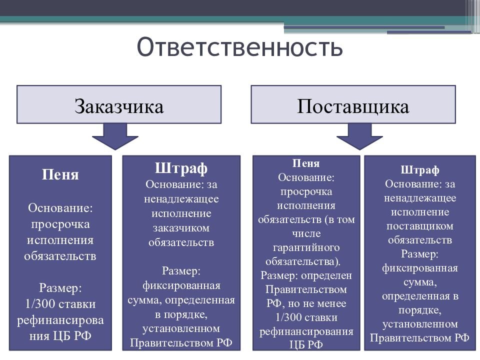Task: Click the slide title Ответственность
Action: [x=240, y=47]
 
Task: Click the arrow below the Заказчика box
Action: [x=115, y=136]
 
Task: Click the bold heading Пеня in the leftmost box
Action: [x=60, y=174]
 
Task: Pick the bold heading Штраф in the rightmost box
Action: [x=420, y=170]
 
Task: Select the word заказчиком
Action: [x=181, y=228]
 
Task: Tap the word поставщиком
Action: [x=420, y=226]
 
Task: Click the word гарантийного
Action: [x=306, y=247]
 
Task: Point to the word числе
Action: [x=306, y=233]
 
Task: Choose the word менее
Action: [x=331, y=303]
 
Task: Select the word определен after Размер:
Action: [x=327, y=275]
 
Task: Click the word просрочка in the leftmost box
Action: [x=60, y=223]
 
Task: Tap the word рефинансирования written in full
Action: [x=306, y=331]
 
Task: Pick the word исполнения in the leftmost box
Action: [x=60, y=240]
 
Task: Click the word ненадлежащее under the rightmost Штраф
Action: [x=420, y=198]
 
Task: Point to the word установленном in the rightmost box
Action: [x=420, y=324]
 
